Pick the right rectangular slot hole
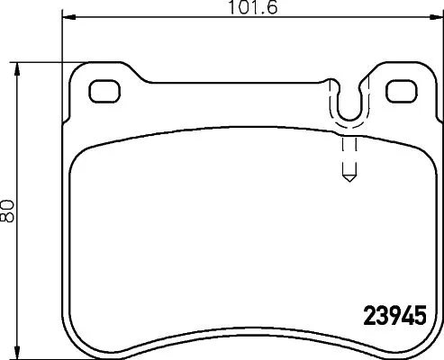click(x=399, y=91)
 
